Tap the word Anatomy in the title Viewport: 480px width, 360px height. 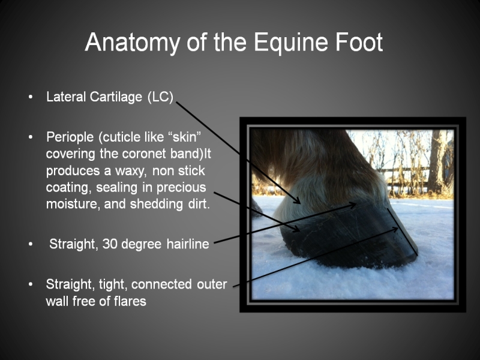point(132,43)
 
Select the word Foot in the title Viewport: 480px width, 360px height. point(359,42)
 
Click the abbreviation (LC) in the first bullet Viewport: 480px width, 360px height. point(160,97)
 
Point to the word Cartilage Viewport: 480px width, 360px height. point(116,97)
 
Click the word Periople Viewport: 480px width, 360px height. point(70,137)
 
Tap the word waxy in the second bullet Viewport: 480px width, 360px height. point(129,171)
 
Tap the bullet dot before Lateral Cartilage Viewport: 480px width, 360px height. point(31,97)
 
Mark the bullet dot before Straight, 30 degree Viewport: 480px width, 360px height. point(31,244)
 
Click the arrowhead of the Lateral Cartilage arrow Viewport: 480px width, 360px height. point(298,201)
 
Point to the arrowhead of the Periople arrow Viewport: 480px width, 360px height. point(296,229)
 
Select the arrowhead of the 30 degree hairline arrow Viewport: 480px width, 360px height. point(353,204)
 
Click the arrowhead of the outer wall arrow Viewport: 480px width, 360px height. point(395,229)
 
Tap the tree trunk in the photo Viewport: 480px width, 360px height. point(437,162)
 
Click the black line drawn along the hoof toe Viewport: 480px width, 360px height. point(403,232)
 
